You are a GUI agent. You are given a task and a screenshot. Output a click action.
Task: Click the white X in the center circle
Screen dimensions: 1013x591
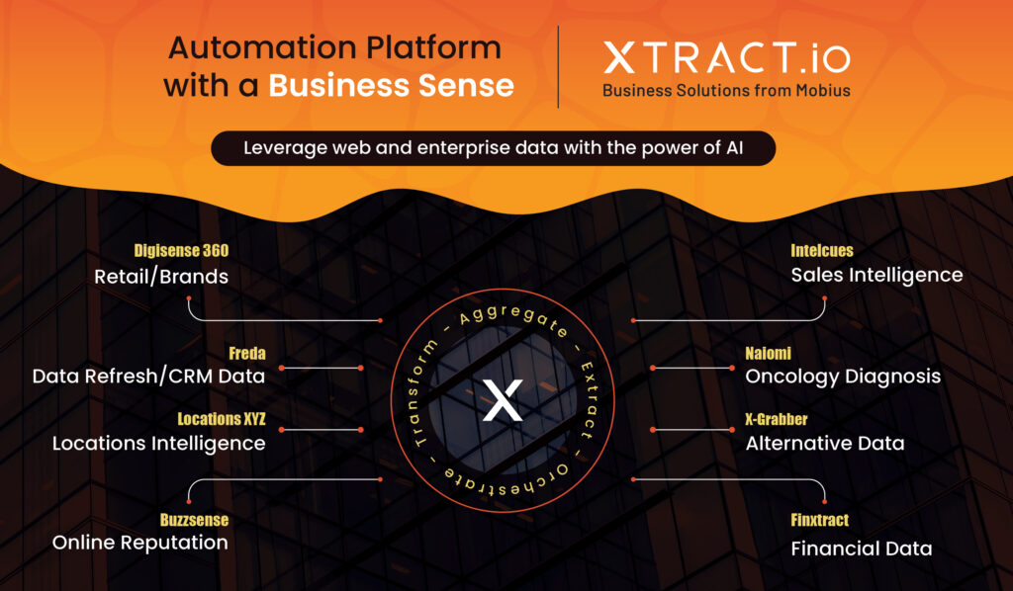click(503, 400)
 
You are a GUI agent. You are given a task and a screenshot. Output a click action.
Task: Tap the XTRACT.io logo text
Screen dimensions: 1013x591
click(727, 58)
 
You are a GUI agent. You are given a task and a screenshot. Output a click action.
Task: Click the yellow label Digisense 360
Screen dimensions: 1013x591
click(181, 250)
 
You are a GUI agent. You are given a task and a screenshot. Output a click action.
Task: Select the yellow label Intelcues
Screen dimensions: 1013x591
click(822, 250)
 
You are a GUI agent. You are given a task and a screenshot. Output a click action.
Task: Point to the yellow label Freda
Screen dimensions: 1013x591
click(246, 353)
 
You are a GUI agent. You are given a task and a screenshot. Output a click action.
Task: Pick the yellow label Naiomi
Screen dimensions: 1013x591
click(768, 353)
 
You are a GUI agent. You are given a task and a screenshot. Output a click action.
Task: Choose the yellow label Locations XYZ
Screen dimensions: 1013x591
click(221, 419)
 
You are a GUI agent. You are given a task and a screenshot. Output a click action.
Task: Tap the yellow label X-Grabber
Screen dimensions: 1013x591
click(777, 419)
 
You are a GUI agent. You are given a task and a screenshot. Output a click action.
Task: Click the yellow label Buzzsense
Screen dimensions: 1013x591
click(194, 520)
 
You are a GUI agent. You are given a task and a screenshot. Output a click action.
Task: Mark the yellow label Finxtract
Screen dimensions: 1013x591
click(820, 520)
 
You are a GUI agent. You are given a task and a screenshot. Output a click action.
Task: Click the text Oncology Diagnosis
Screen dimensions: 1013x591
click(843, 377)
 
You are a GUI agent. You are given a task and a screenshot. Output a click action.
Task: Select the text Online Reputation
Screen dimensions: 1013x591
click(140, 543)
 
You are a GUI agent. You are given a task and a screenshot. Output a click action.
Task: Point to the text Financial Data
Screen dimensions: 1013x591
click(862, 549)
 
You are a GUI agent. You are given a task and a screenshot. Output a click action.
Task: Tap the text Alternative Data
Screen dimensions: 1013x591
click(825, 443)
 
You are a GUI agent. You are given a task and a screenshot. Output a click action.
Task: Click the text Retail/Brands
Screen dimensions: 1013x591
click(161, 277)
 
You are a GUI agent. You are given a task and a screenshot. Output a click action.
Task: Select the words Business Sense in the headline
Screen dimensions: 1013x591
click(392, 85)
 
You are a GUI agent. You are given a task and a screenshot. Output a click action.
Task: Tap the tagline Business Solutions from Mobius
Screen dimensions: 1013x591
click(727, 90)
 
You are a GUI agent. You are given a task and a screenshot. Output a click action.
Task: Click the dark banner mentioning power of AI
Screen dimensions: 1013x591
click(494, 148)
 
